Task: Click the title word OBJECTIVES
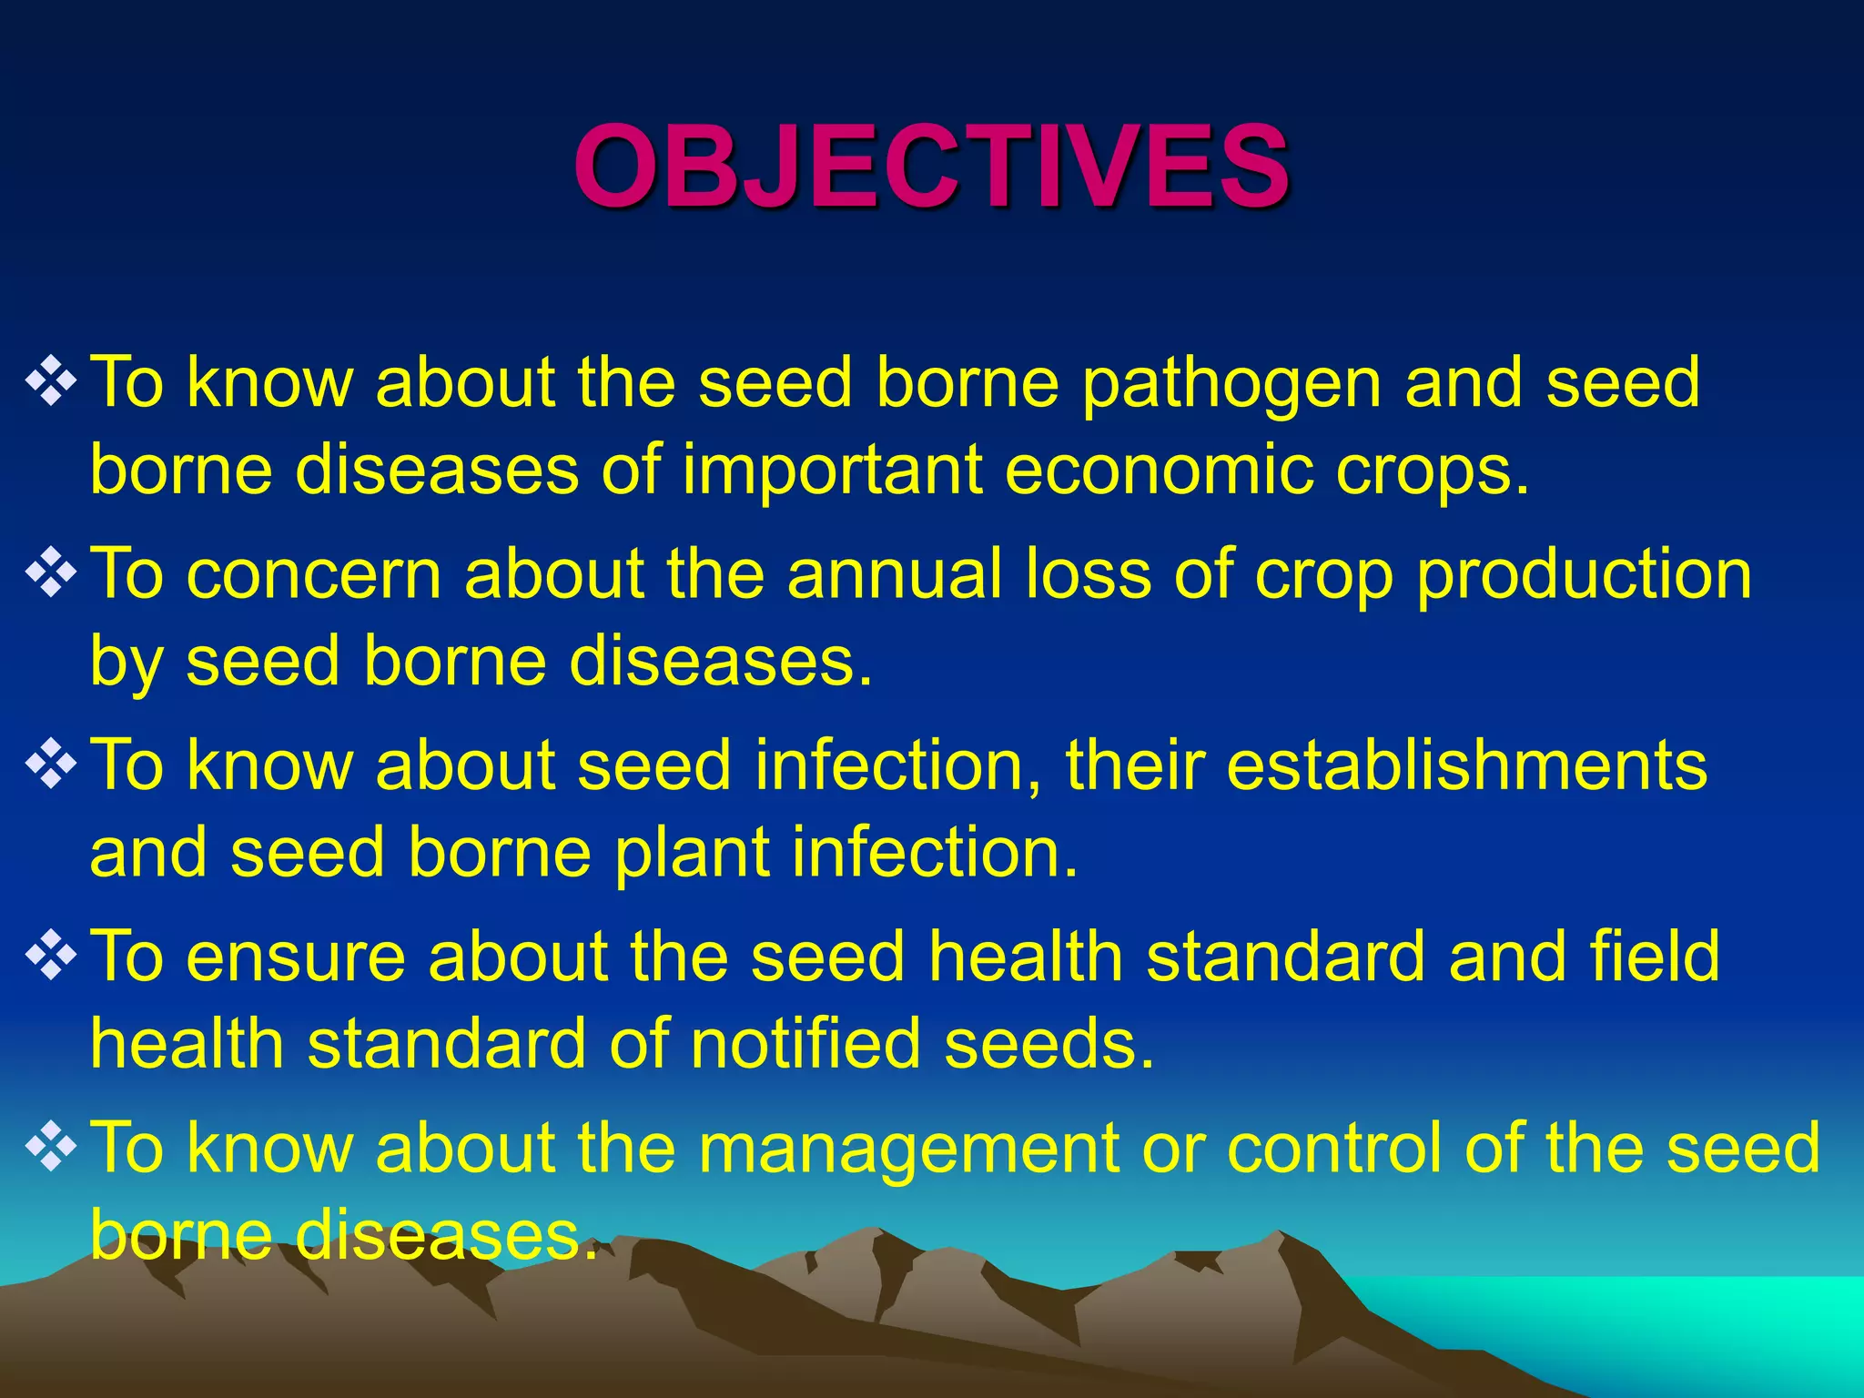[931, 167]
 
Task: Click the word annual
[896, 574]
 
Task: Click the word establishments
[1466, 765]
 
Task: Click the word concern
[315, 576]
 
